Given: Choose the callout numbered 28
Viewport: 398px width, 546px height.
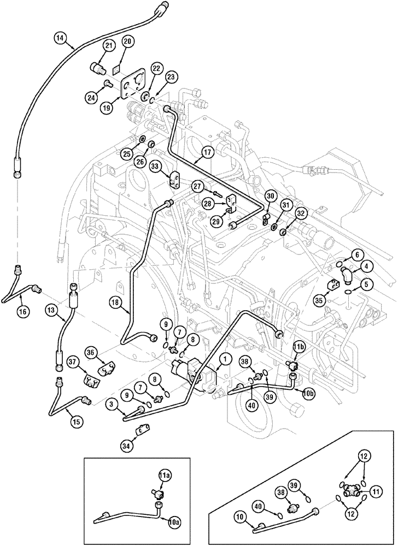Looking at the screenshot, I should tap(207, 204).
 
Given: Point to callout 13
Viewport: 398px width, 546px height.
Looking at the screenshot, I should tap(50, 310).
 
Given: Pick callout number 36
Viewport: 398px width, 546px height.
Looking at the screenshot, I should tap(92, 353).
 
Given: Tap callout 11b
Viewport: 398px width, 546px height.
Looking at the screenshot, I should tap(298, 347).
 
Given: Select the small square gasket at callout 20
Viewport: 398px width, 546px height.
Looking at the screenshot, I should tap(116, 70).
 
